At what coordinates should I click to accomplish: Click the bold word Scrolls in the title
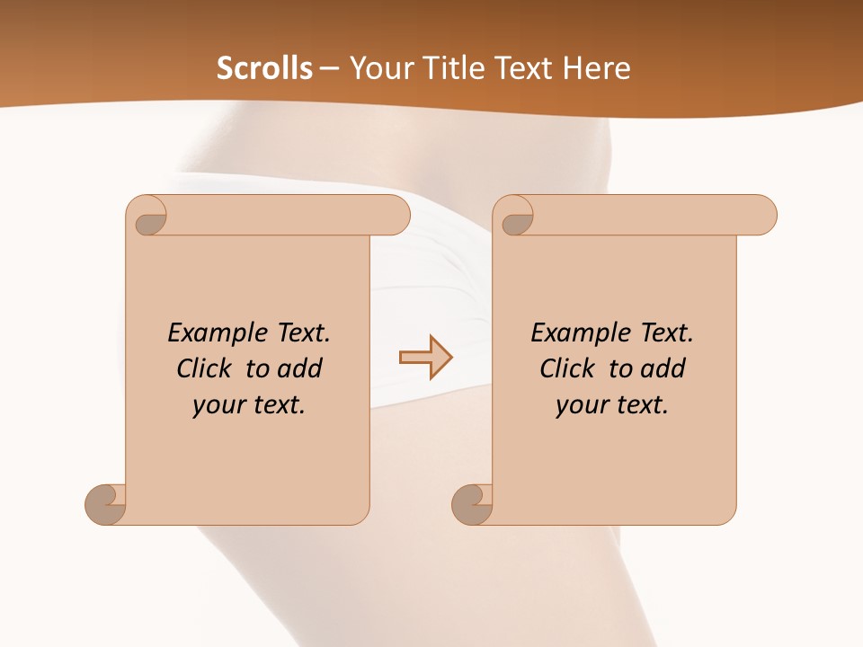265,68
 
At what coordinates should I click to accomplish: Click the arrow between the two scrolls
425,358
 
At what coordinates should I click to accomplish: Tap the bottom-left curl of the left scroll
105,505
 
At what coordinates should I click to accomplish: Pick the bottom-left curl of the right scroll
472,505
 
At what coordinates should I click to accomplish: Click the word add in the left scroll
299,368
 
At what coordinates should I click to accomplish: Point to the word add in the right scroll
663,368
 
